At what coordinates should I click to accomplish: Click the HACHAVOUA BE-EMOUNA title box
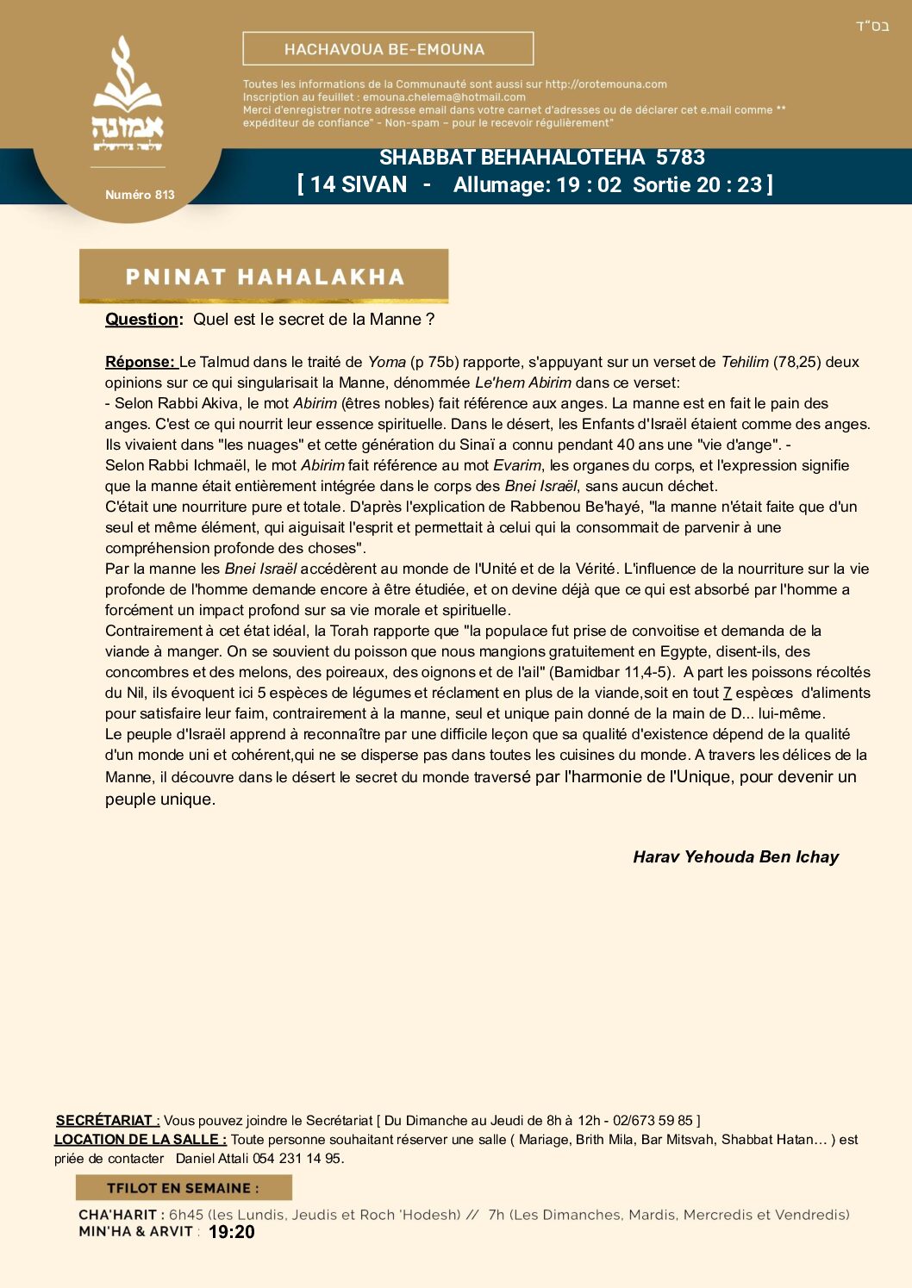point(388,49)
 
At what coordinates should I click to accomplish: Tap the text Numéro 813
point(140,195)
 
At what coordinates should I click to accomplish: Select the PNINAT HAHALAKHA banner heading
point(264,277)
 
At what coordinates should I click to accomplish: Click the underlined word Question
point(142,320)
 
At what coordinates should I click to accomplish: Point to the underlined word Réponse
point(140,362)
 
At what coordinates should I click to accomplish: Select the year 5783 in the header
point(680,158)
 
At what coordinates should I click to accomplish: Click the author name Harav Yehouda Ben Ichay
point(735,857)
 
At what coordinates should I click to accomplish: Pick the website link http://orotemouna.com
point(606,84)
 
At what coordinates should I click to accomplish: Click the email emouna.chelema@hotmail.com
point(444,97)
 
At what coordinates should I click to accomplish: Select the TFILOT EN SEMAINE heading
point(183,1188)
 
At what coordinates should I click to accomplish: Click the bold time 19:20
point(231,1232)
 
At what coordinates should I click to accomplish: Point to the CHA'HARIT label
point(117,1215)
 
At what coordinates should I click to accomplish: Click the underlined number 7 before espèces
point(727,693)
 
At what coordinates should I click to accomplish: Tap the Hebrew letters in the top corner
point(871,26)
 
